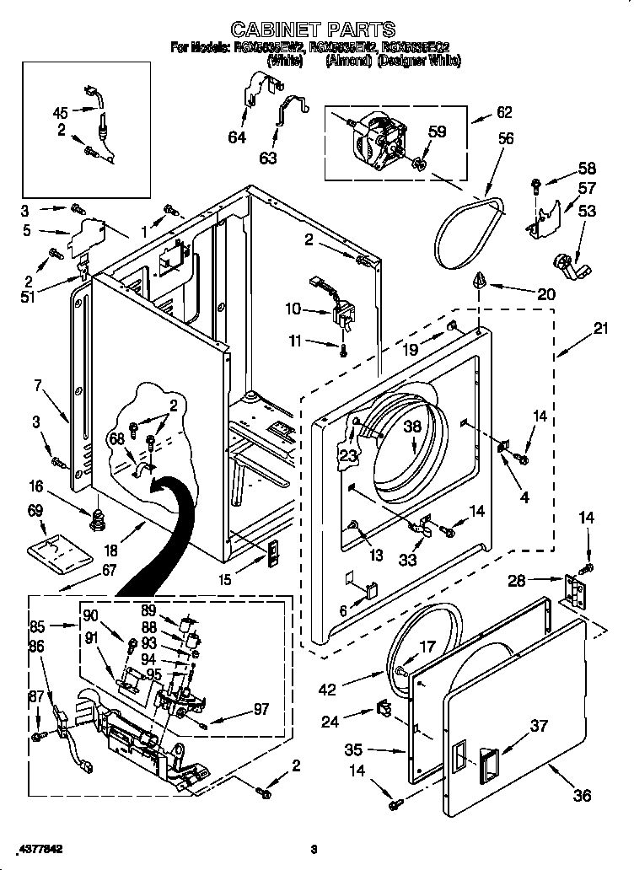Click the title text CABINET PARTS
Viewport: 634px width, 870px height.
pos(313,30)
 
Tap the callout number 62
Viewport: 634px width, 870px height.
pos(503,111)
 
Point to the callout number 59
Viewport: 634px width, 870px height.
pos(437,132)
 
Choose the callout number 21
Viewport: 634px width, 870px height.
pos(599,329)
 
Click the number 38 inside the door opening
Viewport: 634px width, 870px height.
pos(411,427)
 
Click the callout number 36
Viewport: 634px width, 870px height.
pos(582,795)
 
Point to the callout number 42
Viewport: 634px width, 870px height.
pos(328,690)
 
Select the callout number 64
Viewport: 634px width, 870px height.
pos(238,137)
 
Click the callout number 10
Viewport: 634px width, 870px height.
pos(293,309)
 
